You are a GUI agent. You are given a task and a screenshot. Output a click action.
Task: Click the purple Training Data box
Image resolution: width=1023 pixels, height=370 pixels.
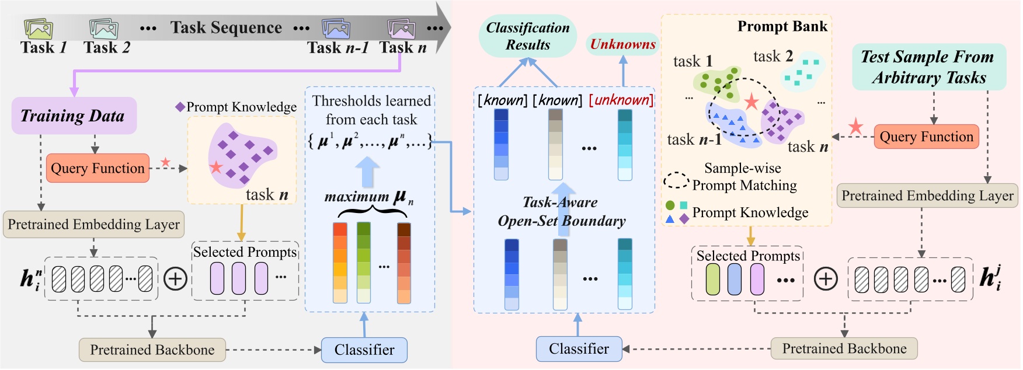tap(74, 116)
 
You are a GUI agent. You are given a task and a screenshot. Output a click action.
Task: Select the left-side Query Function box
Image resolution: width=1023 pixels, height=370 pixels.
tap(98, 168)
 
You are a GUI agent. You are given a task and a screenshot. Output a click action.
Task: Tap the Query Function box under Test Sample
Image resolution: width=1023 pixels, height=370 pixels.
tap(926, 137)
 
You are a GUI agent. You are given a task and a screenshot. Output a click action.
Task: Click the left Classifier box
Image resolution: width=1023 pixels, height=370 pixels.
tap(364, 350)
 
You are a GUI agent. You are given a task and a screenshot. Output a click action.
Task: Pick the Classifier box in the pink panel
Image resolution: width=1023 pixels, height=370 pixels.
tap(579, 349)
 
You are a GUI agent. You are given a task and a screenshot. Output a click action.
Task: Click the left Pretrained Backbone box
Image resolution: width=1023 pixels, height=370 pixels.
tap(152, 350)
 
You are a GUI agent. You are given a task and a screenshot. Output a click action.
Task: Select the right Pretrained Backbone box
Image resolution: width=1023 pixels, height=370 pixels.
tap(844, 348)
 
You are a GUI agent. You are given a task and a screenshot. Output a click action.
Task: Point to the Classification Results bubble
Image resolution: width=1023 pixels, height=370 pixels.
tap(528, 36)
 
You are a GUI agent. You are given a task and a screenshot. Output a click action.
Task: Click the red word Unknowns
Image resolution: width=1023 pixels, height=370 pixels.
tap(622, 44)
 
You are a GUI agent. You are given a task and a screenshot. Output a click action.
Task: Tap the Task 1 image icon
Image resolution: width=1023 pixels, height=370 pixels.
tap(39, 29)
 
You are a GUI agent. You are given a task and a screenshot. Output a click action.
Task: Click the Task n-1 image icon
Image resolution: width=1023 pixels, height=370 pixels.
tap(336, 28)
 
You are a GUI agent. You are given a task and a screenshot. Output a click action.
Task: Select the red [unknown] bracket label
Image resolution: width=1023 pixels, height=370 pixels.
tap(621, 100)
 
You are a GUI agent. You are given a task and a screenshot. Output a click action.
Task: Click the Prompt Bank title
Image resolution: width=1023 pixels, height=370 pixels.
tap(782, 26)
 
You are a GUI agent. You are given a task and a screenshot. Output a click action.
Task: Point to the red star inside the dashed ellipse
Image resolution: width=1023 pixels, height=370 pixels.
tap(751, 103)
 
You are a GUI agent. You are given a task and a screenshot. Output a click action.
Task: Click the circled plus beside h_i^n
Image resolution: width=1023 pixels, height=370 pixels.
tap(175, 278)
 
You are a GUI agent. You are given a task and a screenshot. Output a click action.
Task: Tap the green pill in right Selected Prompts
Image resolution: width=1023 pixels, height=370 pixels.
tap(713, 279)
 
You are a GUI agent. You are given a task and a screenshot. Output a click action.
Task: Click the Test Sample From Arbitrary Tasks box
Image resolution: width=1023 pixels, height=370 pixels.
tap(928, 67)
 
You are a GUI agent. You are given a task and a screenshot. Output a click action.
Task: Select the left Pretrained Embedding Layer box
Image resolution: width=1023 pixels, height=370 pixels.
tap(94, 225)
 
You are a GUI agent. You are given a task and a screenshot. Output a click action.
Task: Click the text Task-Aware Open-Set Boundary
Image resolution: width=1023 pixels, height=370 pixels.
tap(561, 211)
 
